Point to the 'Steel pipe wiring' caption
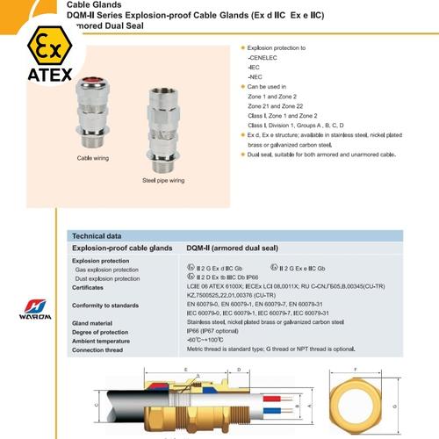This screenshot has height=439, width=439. [163, 179]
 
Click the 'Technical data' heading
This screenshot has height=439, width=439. [97, 237]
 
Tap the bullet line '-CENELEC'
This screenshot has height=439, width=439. [261, 57]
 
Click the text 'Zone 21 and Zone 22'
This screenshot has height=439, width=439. [277, 105]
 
